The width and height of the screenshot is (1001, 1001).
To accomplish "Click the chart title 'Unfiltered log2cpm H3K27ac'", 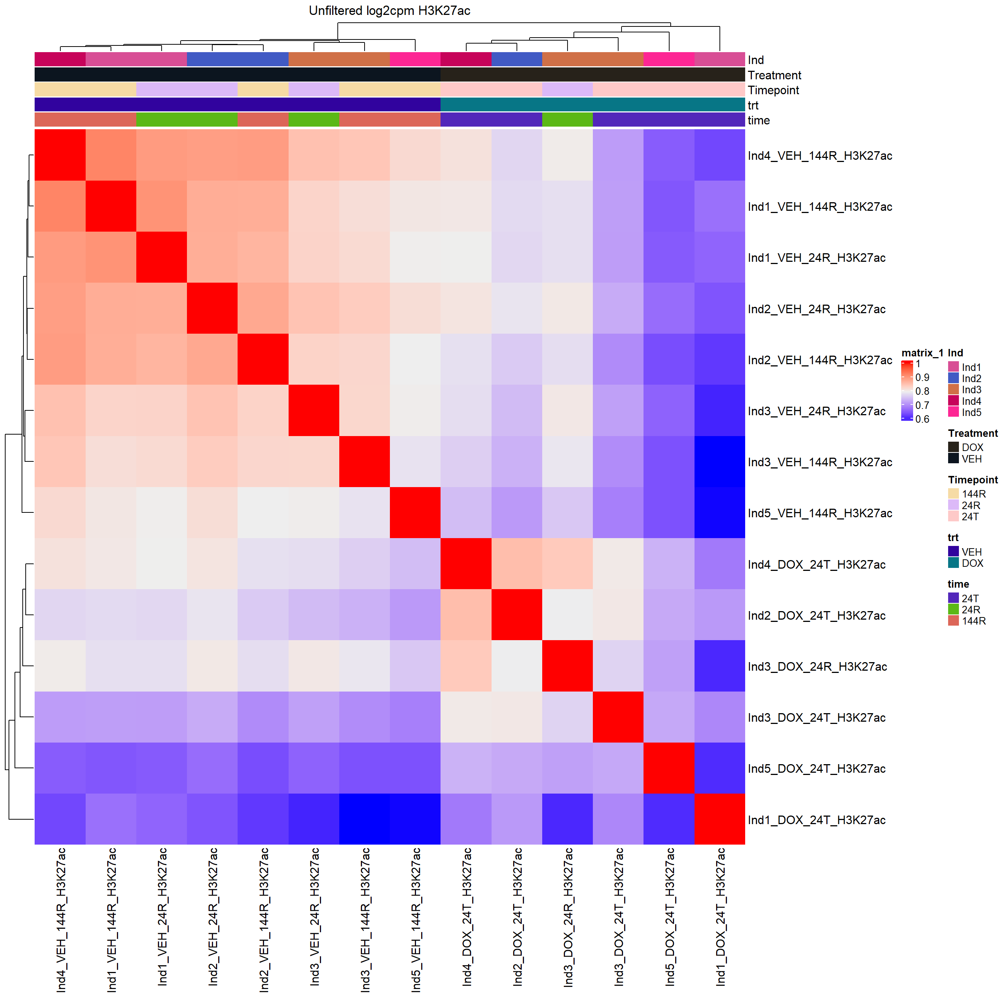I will (x=389, y=11).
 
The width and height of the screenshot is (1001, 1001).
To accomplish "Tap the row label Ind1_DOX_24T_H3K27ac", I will (x=817, y=820).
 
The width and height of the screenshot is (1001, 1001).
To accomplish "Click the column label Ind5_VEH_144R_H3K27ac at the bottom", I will (x=416, y=920).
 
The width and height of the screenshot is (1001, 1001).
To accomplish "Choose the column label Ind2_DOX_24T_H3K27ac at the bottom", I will (x=518, y=917).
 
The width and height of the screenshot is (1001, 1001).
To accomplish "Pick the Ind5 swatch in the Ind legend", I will (x=953, y=412).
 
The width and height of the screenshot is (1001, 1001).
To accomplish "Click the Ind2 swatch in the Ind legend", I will (x=953, y=379).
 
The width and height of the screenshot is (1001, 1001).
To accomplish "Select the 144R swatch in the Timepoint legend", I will (x=953, y=494).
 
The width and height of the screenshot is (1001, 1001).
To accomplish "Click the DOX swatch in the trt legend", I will (x=953, y=563).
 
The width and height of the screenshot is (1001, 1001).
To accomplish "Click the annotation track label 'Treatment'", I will (x=774, y=76).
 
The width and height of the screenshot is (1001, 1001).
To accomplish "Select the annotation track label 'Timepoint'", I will (x=773, y=90).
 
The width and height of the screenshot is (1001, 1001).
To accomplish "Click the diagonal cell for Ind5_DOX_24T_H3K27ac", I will (x=669, y=768).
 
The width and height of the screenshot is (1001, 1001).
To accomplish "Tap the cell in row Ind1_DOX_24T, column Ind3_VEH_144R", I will (x=365, y=820).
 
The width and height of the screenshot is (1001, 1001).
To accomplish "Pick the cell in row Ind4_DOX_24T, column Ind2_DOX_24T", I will (x=517, y=564).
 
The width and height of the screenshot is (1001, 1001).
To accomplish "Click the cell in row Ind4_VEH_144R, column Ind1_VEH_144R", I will (x=111, y=155).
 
